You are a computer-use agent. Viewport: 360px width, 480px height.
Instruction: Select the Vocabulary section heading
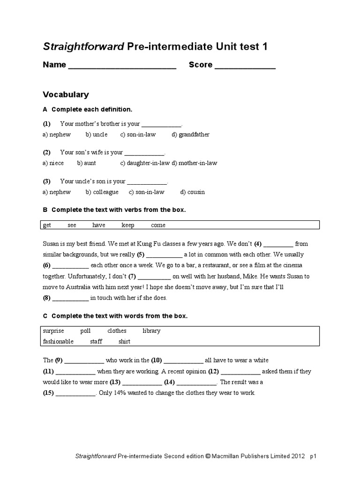(x=66, y=94)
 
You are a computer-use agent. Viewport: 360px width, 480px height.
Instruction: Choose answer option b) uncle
(x=97, y=135)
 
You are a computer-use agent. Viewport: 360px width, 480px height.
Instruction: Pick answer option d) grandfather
(x=190, y=135)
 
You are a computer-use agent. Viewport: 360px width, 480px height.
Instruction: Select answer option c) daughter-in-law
(x=145, y=163)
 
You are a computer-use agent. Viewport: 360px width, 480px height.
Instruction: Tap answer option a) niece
(x=53, y=163)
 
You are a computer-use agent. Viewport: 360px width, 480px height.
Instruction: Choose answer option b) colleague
(x=102, y=192)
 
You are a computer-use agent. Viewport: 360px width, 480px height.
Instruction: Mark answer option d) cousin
(x=193, y=192)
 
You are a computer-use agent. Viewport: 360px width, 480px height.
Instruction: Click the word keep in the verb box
(x=128, y=225)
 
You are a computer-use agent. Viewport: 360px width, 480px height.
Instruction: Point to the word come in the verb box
(x=158, y=225)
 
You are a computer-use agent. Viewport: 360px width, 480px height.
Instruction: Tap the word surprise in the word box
(x=53, y=330)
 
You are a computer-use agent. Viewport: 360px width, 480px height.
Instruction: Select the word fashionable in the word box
(x=58, y=341)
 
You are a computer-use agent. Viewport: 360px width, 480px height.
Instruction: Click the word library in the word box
(x=151, y=330)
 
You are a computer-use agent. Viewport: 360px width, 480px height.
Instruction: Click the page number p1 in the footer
(x=314, y=456)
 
